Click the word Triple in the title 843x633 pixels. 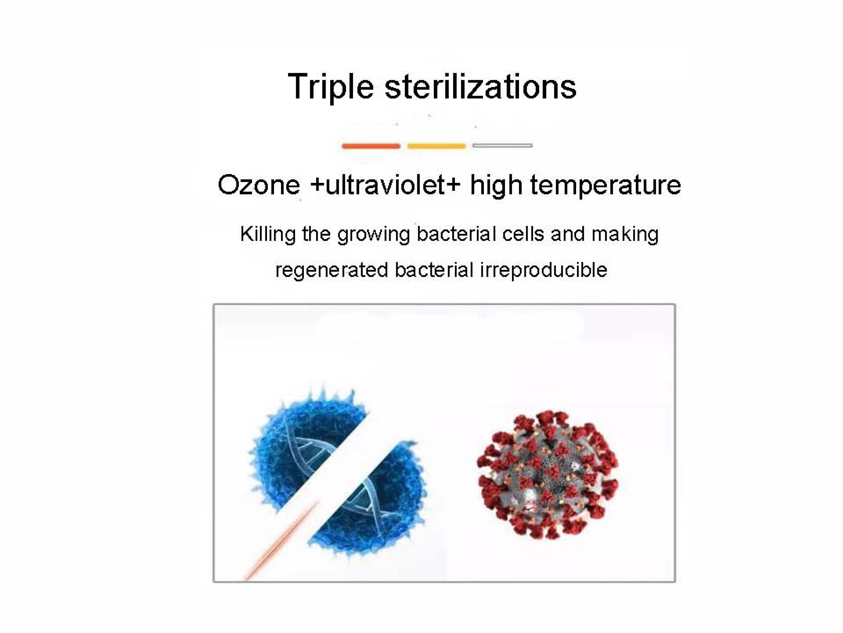(x=330, y=87)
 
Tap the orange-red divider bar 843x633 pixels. (x=371, y=146)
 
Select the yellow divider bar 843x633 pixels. (x=436, y=146)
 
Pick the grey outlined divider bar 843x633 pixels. (x=502, y=145)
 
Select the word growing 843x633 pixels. (x=373, y=235)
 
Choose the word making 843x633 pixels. (x=625, y=235)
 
